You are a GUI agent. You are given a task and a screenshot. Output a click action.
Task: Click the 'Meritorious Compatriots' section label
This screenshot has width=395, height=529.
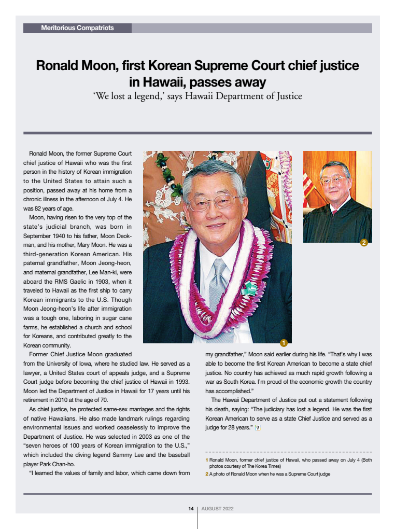pos(77,28)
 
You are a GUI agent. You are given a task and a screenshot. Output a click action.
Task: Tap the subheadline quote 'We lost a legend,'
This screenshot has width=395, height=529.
pos(129,96)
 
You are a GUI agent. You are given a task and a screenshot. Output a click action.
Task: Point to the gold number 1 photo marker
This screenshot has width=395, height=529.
pos(284,342)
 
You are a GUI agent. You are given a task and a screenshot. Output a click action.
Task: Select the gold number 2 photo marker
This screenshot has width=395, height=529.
pos(363,242)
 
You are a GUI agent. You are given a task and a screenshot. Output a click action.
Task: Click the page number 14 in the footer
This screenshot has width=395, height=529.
pos(191,509)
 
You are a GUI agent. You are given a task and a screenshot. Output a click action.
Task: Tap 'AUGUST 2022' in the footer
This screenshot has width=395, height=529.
pos(217,509)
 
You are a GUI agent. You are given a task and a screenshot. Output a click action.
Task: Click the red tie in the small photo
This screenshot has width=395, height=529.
pos(335,212)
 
